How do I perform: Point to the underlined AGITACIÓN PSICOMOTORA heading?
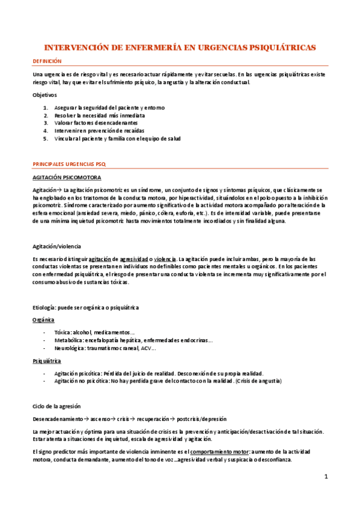(x=67, y=177)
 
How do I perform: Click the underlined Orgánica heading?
(x=44, y=320)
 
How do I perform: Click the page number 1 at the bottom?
(x=326, y=478)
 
